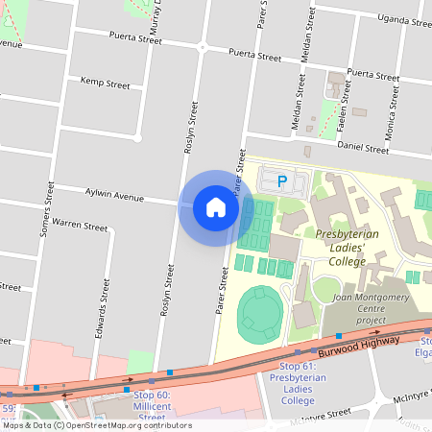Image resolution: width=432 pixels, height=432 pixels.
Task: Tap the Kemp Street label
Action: click(105, 84)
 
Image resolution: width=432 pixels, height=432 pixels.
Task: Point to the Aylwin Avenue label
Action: click(114, 195)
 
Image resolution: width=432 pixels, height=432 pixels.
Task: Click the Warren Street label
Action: click(80, 226)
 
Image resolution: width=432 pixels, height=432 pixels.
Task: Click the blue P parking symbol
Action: click(281, 180)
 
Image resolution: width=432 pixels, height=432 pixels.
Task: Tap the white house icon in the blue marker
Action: click(215, 206)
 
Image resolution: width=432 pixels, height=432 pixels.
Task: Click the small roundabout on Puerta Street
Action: click(202, 46)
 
